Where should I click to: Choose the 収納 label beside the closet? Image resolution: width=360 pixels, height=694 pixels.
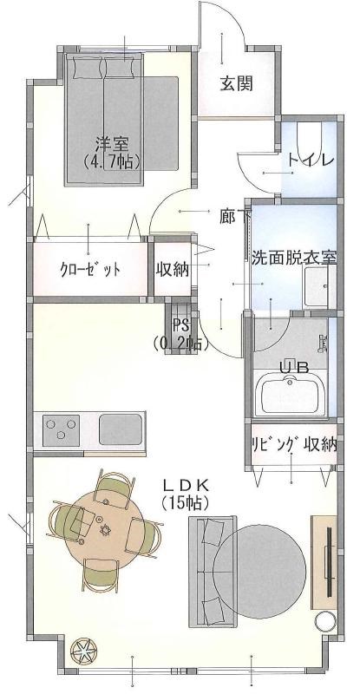tap(173, 268)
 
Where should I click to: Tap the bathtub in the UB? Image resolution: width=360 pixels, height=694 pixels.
tap(291, 395)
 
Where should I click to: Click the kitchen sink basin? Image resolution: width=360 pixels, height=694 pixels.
tap(121, 429)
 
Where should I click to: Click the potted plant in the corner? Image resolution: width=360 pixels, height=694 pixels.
tap(85, 650)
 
